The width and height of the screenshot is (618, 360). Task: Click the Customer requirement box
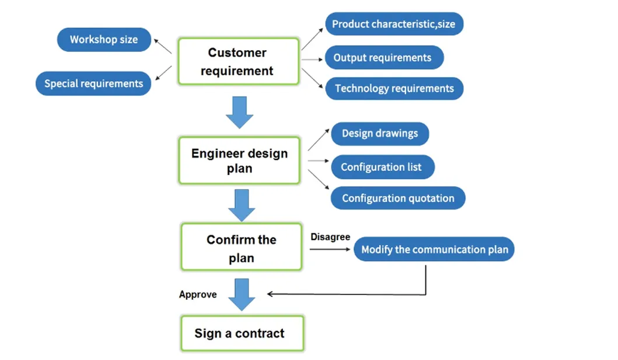pos(239,62)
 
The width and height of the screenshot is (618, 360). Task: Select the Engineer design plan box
pos(239,160)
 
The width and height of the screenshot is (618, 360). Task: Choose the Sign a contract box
pos(242,334)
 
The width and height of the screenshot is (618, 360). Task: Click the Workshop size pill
pos(104,40)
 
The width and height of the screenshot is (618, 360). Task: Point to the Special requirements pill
pos(93,83)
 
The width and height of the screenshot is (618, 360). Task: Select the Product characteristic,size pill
pos(394,25)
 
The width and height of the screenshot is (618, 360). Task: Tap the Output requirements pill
pos(383,58)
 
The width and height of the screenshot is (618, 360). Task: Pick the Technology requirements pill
pos(394,89)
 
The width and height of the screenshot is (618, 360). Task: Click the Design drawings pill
pos(379,134)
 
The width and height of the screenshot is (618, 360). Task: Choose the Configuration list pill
pos(381,167)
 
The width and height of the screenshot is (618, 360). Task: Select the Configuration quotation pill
pos(397,198)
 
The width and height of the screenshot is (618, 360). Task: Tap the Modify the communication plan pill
pos(434,250)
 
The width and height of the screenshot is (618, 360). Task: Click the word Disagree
pos(330,237)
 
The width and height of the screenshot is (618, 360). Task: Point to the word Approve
pos(198,295)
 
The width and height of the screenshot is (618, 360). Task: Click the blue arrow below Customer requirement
pos(239,112)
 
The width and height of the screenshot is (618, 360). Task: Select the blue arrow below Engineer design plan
pos(241,205)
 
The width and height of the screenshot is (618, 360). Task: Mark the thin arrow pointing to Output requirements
pos(312,59)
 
